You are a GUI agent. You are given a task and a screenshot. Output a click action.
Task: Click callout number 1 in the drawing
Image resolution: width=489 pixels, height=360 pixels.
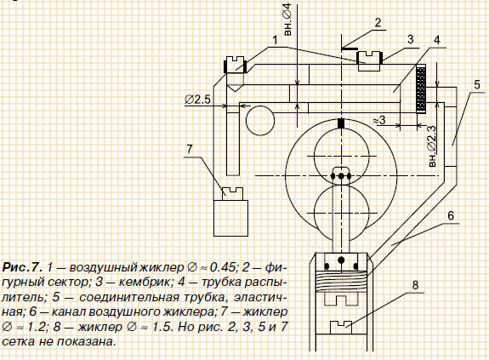pyautogui.click(x=275, y=40)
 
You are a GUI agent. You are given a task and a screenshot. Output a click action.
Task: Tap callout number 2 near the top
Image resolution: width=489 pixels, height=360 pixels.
pyautogui.click(x=378, y=23)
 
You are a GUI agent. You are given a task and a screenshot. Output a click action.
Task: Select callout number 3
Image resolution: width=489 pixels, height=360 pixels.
pyautogui.click(x=411, y=39)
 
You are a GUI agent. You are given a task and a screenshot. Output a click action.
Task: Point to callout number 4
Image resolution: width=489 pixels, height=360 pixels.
pyautogui.click(x=437, y=40)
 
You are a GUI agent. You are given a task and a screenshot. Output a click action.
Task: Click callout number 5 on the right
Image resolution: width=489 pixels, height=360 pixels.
pyautogui.click(x=477, y=84)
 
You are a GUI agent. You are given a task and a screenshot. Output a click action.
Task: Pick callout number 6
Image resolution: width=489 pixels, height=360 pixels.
pyautogui.click(x=451, y=215)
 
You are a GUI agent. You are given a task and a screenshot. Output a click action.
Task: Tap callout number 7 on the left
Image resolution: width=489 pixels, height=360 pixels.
pyautogui.click(x=190, y=149)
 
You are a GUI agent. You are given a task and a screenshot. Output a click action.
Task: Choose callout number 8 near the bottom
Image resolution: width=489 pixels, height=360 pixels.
pyautogui.click(x=415, y=285)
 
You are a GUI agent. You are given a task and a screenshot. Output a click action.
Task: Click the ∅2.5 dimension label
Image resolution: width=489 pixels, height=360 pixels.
pyautogui.click(x=197, y=100)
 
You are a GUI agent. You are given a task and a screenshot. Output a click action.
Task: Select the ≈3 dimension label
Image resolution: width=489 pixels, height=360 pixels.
pyautogui.click(x=379, y=120)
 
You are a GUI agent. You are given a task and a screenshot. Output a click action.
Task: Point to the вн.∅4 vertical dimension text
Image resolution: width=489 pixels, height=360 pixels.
pyautogui.click(x=287, y=19)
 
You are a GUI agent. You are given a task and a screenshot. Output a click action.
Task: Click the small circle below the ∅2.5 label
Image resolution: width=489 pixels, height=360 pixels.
pyautogui.click(x=260, y=121)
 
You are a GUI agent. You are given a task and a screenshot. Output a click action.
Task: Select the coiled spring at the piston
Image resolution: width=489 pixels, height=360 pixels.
pyautogui.click(x=341, y=282)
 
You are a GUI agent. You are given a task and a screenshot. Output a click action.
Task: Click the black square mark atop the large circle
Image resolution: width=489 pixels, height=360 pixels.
pyautogui.click(x=342, y=123)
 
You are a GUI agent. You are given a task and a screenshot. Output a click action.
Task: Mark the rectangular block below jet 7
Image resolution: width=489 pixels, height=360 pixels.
pyautogui.click(x=230, y=218)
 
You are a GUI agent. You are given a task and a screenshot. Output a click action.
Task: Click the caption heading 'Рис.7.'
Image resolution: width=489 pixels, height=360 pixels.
pyautogui.click(x=22, y=267)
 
